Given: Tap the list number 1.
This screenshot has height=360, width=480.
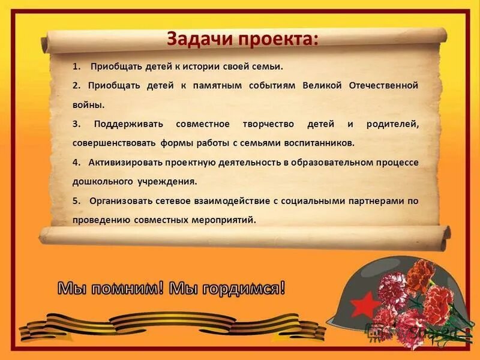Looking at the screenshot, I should point(75,66).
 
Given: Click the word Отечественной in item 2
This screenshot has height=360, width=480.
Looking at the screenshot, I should point(384,85).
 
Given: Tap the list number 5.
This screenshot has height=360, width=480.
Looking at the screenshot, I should point(76,200).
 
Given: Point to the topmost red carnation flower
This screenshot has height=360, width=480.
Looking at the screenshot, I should point(424,271).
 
